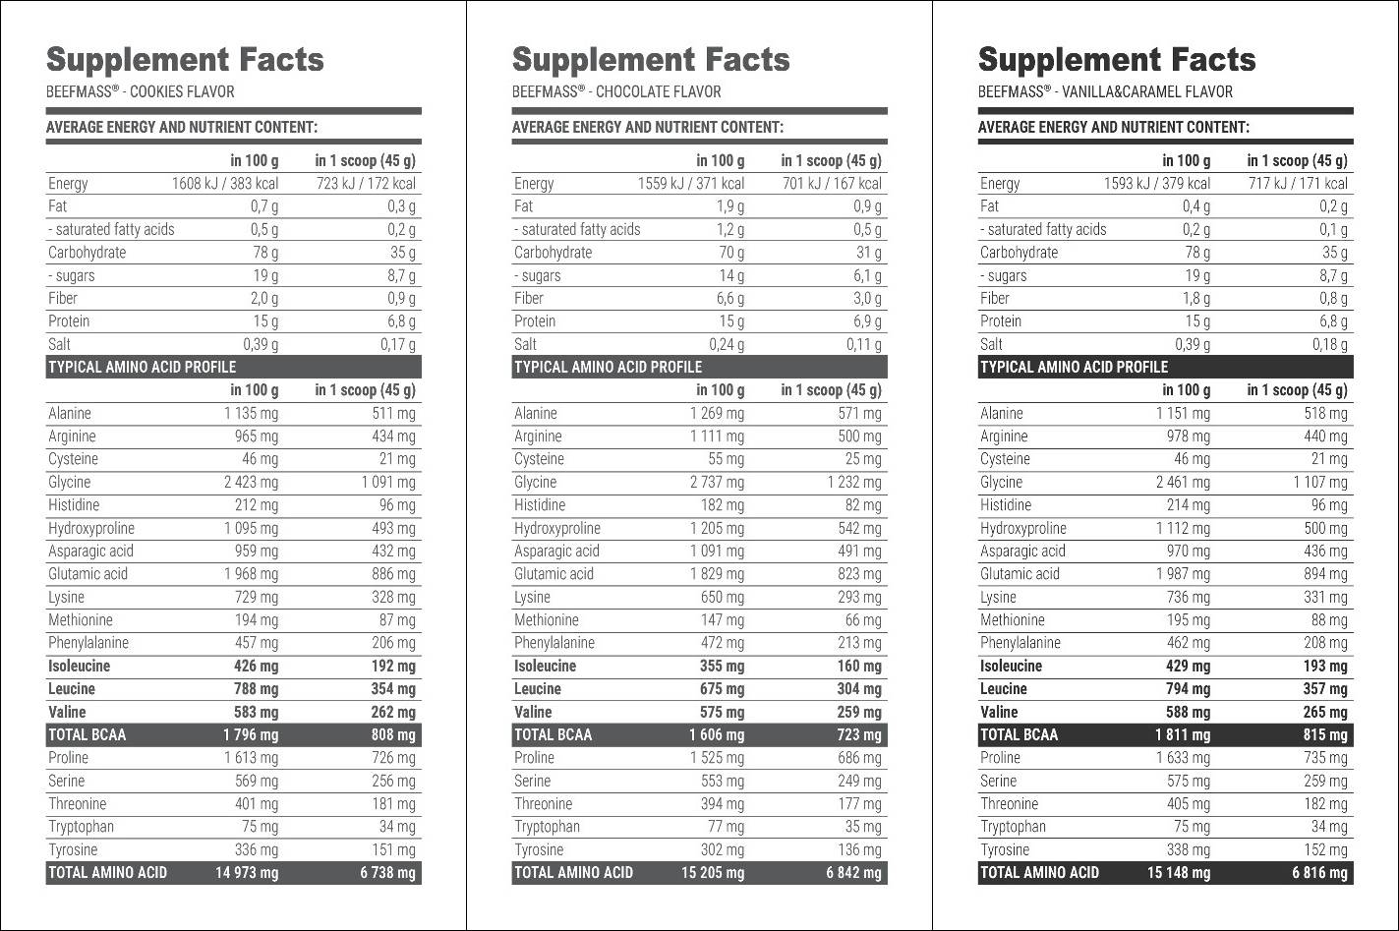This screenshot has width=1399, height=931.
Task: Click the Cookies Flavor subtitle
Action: (141, 92)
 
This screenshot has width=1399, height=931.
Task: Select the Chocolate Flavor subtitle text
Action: (616, 92)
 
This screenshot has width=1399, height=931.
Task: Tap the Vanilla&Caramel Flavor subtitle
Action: (1105, 92)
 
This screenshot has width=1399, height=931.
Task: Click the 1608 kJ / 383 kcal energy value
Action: (225, 184)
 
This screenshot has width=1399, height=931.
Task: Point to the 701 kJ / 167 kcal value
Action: (832, 184)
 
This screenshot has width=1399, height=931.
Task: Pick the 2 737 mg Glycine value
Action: (717, 483)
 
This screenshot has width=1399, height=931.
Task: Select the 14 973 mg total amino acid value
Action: (247, 873)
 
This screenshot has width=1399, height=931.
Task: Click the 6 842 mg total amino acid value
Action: (853, 873)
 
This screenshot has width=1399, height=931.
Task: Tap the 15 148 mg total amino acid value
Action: (1179, 873)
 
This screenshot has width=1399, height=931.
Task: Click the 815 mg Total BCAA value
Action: (1325, 735)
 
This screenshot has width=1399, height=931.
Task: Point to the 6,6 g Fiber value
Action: (728, 299)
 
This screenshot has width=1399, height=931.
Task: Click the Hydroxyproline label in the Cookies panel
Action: (91, 529)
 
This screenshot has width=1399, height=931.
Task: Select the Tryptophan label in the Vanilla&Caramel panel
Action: (1013, 827)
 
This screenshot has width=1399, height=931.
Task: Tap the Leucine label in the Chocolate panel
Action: (538, 689)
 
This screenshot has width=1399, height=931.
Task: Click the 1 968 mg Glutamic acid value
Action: (251, 574)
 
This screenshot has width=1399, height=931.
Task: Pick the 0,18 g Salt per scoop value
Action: (1329, 345)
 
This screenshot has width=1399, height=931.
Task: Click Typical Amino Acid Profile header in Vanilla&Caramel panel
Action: (1074, 368)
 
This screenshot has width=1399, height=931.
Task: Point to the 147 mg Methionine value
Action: (723, 620)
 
